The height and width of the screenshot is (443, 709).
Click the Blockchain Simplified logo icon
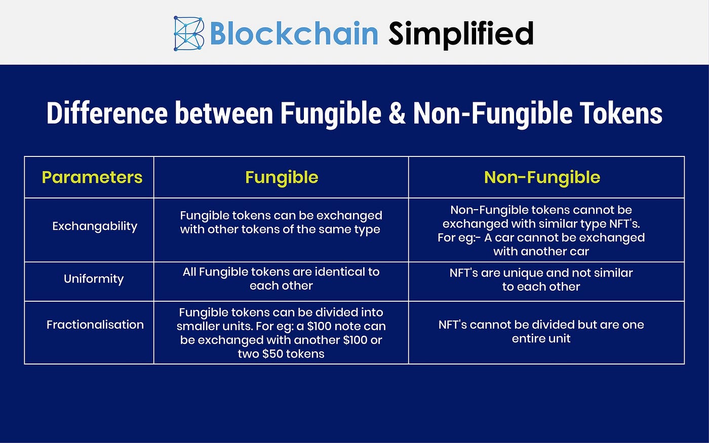188,34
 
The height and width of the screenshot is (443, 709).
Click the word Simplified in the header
461,34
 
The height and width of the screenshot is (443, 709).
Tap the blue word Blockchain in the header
294,34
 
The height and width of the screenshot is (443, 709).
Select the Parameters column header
92,177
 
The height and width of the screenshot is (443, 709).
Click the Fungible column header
282,177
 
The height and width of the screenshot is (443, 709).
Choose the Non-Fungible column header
542,177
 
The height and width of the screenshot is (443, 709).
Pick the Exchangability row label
95,226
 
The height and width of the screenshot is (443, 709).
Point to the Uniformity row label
94,278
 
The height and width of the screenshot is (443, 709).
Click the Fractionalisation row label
95,325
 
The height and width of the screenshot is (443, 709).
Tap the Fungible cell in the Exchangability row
281,222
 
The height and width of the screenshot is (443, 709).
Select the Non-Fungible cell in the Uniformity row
541,279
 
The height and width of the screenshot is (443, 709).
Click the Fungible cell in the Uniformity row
281,278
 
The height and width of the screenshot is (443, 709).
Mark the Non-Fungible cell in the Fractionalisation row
541,332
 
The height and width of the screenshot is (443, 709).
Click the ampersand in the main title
398,113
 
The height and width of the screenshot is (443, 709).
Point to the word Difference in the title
107,113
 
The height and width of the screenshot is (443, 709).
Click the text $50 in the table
272,354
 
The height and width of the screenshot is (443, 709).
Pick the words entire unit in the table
541,339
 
